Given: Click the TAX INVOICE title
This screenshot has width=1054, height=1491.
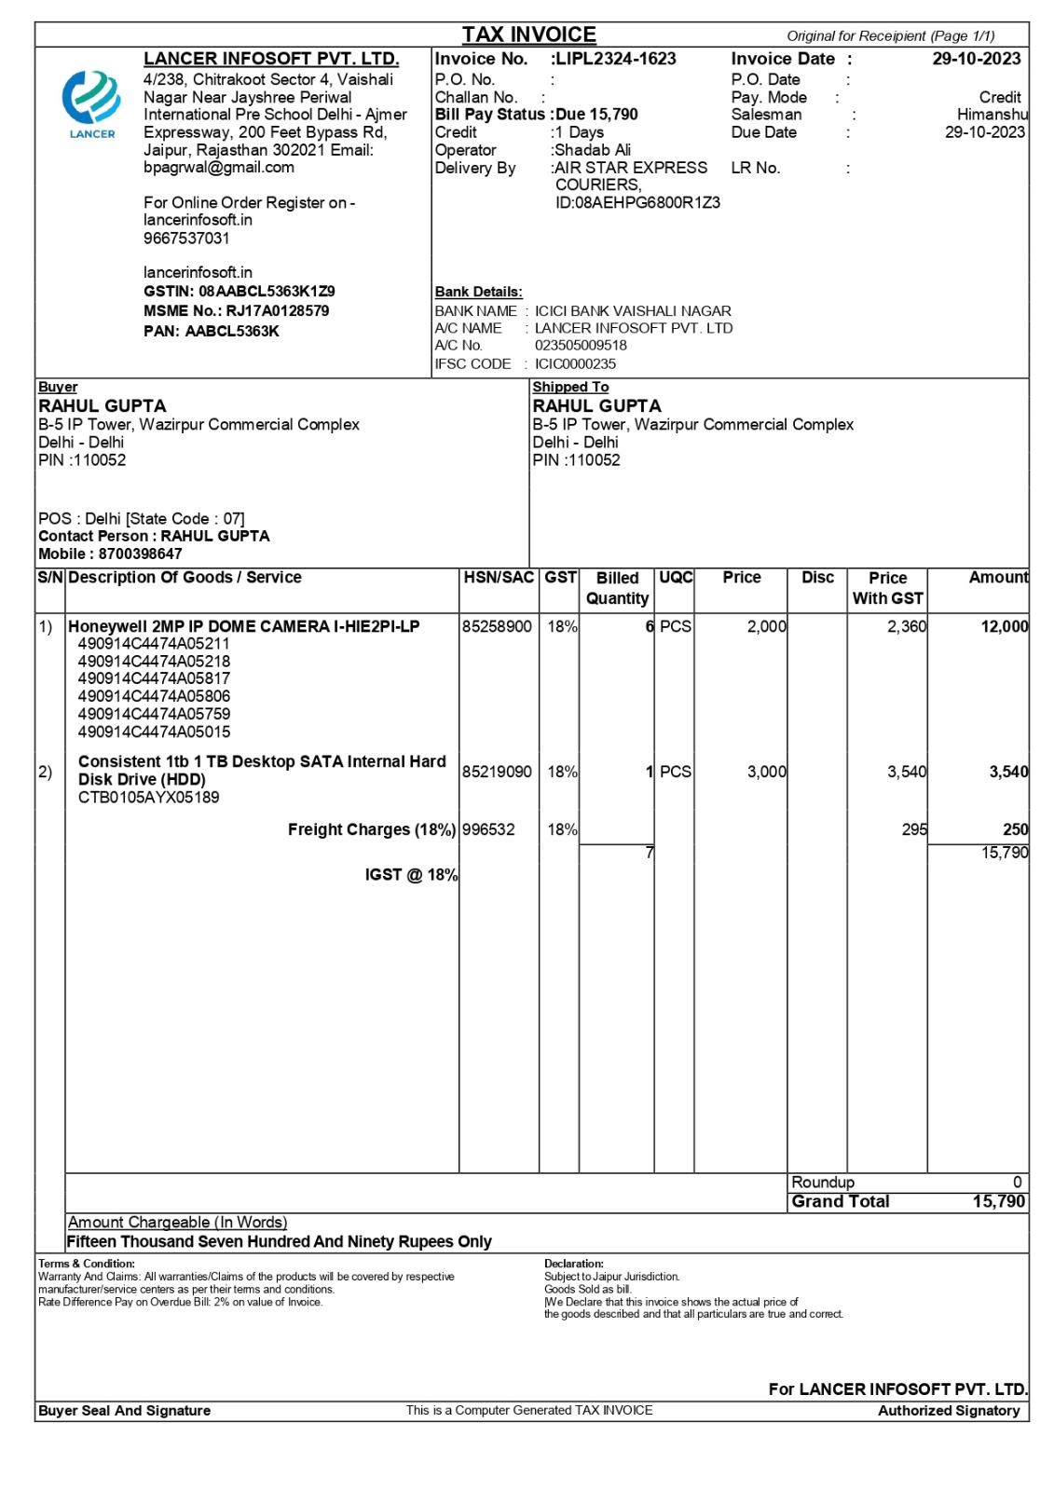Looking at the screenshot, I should coord(528,34).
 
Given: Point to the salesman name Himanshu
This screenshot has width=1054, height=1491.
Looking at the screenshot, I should coord(992,115).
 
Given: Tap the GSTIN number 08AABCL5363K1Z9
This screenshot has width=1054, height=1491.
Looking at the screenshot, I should coord(267,292).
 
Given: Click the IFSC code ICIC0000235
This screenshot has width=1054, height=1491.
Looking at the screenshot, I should coord(575,364).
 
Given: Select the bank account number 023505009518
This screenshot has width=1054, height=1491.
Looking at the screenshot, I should coord(581,346).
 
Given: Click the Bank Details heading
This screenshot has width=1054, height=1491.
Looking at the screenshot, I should coord(478,292).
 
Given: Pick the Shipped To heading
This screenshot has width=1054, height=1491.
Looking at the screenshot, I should coord(570,387).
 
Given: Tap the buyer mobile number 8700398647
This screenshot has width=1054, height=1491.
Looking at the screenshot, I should coord(141,554).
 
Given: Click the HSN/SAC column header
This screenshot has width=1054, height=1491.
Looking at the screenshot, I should coord(499,578).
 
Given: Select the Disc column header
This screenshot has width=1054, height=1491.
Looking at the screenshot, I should coord(817,578).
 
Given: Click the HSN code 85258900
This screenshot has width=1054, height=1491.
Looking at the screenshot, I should coord(497,627).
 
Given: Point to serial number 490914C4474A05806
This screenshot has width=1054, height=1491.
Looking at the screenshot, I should coord(154,697).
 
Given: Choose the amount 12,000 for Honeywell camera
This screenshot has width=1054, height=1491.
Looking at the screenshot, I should coord(1004,627).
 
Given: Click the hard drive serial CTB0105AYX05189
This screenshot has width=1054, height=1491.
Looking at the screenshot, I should coord(149,798).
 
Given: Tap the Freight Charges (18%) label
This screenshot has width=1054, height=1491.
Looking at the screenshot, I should coord(371,830).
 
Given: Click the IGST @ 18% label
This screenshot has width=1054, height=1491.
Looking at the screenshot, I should coord(411,875).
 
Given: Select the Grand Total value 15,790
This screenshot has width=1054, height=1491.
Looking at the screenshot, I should coord(998,1202).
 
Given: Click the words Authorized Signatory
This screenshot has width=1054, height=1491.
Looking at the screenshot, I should coord(948,1411).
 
